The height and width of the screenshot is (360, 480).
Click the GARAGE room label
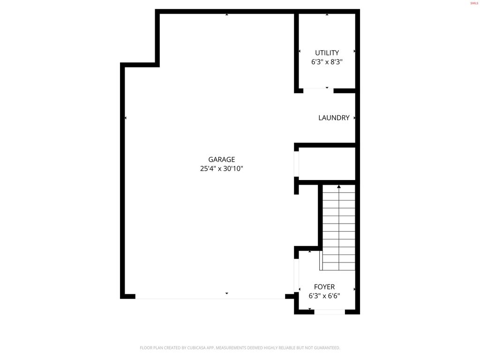coord(222,159)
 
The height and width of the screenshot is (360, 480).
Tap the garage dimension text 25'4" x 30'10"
coord(222,169)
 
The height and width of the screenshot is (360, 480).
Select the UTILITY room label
coord(327,53)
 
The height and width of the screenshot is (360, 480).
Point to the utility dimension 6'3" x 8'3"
coord(327,62)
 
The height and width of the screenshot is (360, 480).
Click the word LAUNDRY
coord(334,118)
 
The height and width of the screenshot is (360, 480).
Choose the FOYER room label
coord(324,287)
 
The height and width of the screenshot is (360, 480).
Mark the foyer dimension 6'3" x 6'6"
coord(324,296)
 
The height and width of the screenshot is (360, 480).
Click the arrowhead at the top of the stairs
coord(339,187)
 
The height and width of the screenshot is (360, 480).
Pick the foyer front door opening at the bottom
coord(330,311)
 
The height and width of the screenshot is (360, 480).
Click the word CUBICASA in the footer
coord(200,348)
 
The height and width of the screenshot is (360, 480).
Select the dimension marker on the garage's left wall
coord(126,118)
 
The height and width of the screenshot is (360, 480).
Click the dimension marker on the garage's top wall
coord(227,15)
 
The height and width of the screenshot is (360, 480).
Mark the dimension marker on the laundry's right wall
coord(354,118)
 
